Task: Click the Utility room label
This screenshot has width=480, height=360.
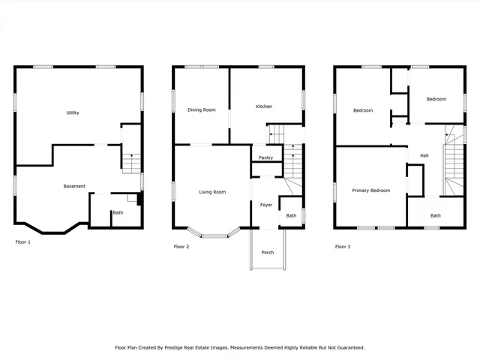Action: pos(73,112)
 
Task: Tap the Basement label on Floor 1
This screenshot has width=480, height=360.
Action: pos(74,186)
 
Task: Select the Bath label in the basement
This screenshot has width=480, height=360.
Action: pos(118,213)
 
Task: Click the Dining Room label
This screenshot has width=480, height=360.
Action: pos(201,109)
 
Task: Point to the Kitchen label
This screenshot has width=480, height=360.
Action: pos(264,106)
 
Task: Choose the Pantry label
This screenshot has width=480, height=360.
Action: pos(265,157)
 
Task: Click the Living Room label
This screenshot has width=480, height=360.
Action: pos(212,192)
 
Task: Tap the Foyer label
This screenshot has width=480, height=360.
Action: pos(266,204)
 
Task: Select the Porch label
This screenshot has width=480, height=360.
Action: pos(268,252)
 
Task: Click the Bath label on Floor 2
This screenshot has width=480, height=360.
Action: pos(291,216)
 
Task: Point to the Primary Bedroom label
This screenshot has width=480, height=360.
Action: pos(371,190)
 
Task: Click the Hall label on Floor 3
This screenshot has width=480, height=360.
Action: pos(424,155)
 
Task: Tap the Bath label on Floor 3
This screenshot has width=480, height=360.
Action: pos(436,215)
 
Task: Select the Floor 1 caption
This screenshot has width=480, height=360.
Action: pos(23,242)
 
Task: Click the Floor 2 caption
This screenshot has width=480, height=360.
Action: pos(181,246)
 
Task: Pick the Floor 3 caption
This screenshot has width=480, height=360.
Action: pos(342,246)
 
